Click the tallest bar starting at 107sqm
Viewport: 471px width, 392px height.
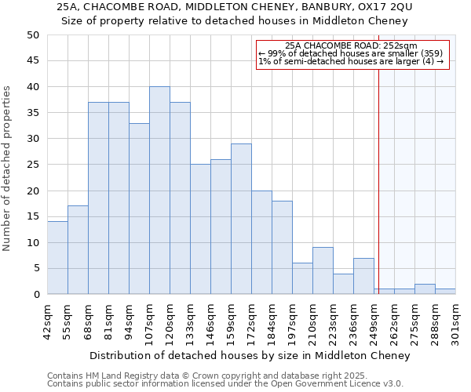[159, 191]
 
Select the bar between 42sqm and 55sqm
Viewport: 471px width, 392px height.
[57, 258]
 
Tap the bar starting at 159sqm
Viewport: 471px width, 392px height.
[241, 219]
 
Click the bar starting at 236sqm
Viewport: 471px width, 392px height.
[363, 276]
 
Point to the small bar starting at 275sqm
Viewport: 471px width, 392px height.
[425, 289]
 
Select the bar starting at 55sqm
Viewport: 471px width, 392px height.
[78, 250]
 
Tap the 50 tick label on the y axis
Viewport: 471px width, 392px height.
[32, 35]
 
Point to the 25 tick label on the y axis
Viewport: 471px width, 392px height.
[32, 165]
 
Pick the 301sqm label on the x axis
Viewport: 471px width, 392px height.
[455, 318]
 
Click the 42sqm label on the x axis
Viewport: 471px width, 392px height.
[47, 318]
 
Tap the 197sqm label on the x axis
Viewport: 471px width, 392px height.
[292, 318]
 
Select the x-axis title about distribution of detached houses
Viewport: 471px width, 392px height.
[250, 356]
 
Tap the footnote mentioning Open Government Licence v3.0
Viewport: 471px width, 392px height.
[225, 384]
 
